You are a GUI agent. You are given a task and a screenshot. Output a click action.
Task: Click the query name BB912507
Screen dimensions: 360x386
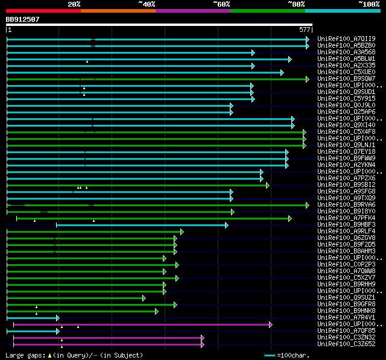[23, 19]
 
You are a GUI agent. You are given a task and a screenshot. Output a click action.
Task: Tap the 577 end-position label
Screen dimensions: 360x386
[304, 30]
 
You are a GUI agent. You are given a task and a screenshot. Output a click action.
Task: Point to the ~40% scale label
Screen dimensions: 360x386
[147, 4]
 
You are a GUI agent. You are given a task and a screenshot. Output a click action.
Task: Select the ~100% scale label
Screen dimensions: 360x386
[369, 4]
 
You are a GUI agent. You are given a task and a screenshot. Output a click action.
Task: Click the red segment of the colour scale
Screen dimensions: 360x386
[43, 11]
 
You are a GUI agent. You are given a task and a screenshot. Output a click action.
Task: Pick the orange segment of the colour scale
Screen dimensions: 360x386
[118, 11]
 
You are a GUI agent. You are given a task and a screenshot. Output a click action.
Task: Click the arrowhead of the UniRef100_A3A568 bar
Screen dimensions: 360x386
[253, 52]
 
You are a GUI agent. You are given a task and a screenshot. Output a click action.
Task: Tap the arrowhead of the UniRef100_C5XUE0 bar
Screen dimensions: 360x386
[282, 72]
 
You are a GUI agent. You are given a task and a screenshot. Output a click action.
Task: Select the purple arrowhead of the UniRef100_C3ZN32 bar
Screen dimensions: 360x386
[203, 338]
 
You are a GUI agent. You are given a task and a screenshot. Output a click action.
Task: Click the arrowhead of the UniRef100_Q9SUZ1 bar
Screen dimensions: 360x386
[144, 298]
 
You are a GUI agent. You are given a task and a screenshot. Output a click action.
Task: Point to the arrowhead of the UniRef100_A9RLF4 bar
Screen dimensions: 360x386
[182, 232]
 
